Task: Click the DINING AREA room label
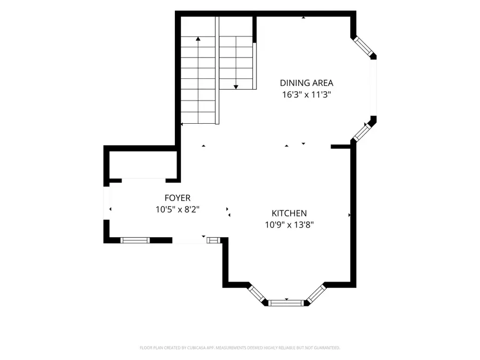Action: [x=307, y=83]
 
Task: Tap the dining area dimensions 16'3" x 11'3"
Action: [x=307, y=94]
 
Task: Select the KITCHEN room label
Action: [x=289, y=213]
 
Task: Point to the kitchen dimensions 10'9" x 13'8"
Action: [x=289, y=225]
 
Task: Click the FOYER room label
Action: [x=178, y=198]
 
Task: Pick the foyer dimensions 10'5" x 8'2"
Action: [x=178, y=210]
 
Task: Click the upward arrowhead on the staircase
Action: [x=198, y=38]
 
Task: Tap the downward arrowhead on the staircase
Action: [x=236, y=87]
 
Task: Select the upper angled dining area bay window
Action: [x=363, y=47]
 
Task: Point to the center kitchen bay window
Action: [x=286, y=303]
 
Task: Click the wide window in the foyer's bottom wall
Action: [x=135, y=241]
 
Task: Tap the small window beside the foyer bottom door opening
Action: [x=213, y=241]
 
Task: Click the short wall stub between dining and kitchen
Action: [x=340, y=147]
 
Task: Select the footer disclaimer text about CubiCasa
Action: [x=239, y=348]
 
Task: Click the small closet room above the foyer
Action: [x=143, y=165]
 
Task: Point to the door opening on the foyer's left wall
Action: [x=107, y=203]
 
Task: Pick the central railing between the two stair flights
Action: [x=217, y=70]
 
